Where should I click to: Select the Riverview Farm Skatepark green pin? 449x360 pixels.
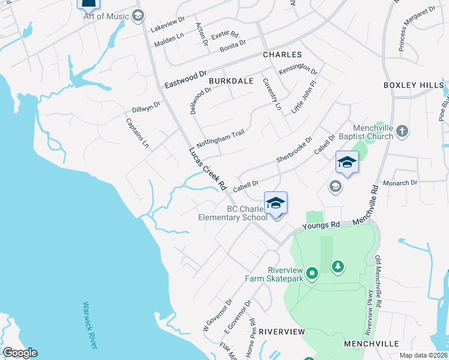[x=312, y=274]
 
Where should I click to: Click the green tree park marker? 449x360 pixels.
[x=339, y=266]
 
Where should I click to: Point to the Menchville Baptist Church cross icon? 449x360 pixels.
[x=403, y=131]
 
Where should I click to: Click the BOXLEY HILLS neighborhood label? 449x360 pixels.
[x=413, y=86]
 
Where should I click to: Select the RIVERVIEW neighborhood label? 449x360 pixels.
[x=282, y=332]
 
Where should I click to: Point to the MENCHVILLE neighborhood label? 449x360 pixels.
[x=372, y=344]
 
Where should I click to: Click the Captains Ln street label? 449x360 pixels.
[x=137, y=133]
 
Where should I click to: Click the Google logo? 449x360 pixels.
[x=20, y=353]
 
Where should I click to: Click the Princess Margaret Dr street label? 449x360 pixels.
[x=417, y=29]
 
